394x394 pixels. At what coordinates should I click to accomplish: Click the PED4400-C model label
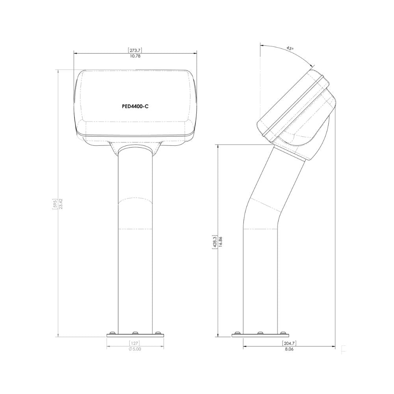click(135, 106)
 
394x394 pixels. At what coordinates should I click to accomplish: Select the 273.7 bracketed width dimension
click(135, 50)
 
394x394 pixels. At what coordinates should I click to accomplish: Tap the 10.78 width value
click(135, 56)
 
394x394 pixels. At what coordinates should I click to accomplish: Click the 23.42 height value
click(61, 203)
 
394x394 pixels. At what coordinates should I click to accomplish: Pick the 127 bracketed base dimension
click(134, 343)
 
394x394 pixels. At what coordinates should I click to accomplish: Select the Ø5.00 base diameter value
click(135, 349)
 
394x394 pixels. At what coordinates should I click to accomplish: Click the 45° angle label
click(290, 48)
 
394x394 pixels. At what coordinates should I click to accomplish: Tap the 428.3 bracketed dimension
click(215, 242)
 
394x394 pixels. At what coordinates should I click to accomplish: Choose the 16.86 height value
click(220, 242)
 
